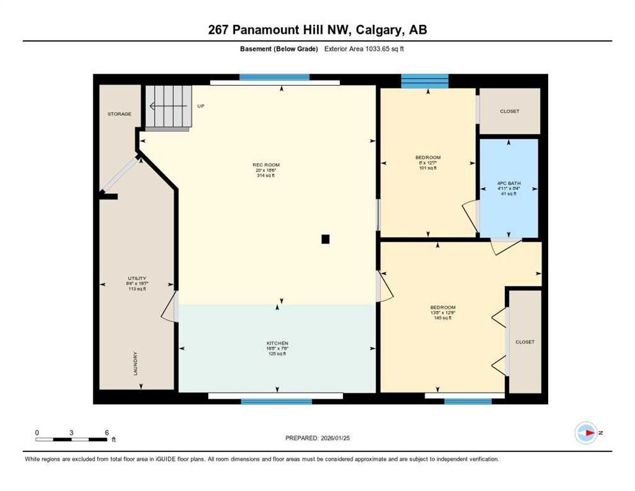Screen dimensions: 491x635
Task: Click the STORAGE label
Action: click(x=119, y=114)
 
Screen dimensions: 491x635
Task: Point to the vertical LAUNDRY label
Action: click(x=135, y=364)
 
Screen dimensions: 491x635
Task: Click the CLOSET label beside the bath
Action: click(x=510, y=111)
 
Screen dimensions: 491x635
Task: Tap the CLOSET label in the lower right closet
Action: click(x=525, y=342)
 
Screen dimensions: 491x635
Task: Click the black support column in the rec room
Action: click(x=325, y=239)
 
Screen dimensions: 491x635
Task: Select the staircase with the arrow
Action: click(x=167, y=107)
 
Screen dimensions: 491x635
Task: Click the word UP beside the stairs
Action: click(x=201, y=106)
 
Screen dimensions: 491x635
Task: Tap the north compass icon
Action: click(x=586, y=433)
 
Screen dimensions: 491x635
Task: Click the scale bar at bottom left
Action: click(x=72, y=439)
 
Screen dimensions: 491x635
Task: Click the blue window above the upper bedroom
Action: click(x=425, y=81)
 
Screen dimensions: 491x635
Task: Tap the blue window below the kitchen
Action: click(x=276, y=401)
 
